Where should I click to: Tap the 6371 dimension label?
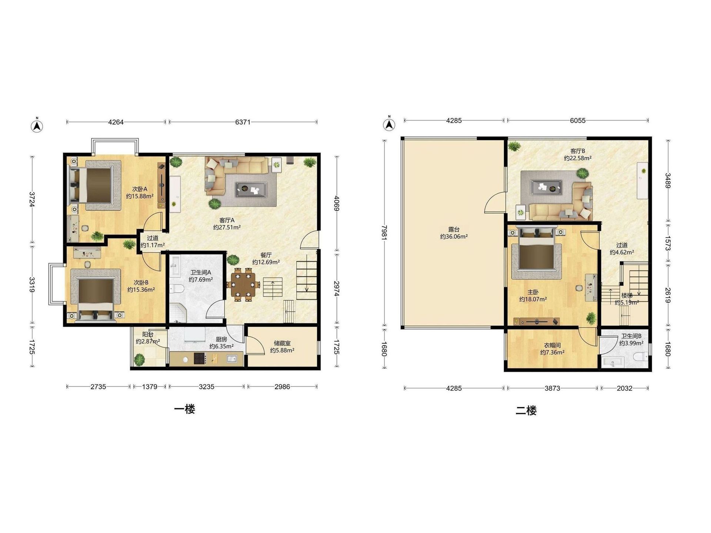243,122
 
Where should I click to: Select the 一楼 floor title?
184,409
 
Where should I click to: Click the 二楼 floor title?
526,410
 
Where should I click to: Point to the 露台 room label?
454,229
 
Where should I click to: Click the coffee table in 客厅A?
251,190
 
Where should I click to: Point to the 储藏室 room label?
282,343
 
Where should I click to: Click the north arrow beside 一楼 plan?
37,126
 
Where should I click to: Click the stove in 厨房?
200,358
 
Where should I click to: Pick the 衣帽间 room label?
552,345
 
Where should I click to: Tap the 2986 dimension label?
282,387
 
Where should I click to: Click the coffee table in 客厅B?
546,187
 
